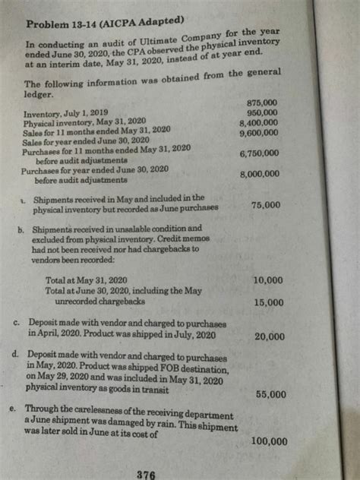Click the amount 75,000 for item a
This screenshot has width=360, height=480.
point(267,205)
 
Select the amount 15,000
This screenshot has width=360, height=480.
point(268,303)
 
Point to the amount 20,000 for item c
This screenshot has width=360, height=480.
point(270,336)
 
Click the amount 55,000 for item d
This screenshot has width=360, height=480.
point(271,394)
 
